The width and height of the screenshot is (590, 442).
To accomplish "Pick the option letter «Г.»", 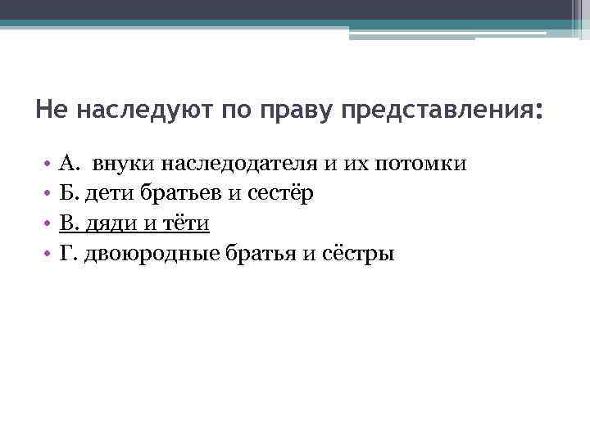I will (68, 254).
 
